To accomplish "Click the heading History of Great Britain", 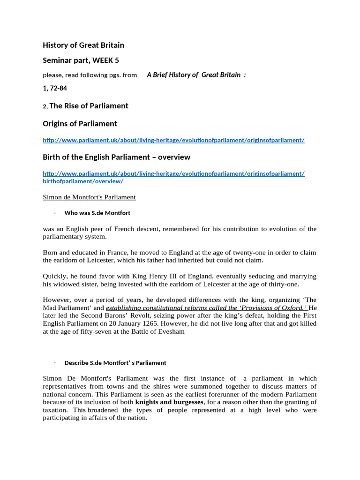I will (83, 45).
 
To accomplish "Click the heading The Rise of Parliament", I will (89, 106).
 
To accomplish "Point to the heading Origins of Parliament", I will (80, 124).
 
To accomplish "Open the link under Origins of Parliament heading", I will (173, 140).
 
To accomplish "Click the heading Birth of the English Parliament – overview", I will (116, 157).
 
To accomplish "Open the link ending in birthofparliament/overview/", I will (83, 181).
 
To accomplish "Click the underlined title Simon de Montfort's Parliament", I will (89, 197).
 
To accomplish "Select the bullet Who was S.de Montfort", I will (97, 213).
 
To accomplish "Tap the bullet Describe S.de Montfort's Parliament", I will (115, 363).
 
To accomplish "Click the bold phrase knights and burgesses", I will (169, 402).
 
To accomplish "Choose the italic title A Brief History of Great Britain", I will (194, 75).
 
